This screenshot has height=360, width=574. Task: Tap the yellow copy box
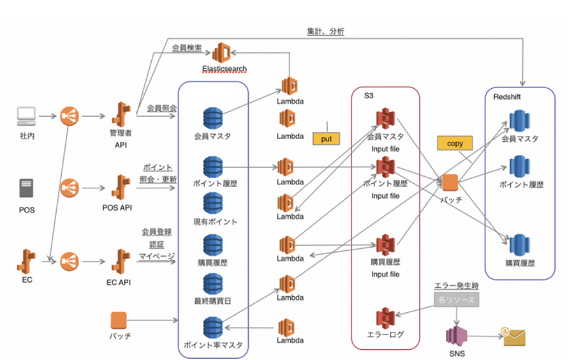pos(455,144)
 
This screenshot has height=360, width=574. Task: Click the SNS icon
pos(457,334)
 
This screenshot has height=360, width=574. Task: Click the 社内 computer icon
pos(26,116)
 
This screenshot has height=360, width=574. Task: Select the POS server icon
pos(26,187)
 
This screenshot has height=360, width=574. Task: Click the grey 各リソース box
pos(452,298)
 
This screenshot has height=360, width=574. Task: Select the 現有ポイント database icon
pos(212,204)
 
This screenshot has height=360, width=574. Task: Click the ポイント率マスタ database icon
pos(212,327)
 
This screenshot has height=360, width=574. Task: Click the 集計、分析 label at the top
pos(325,31)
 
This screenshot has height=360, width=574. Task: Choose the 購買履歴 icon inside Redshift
pos(519,246)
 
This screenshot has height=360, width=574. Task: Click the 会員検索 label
pos(187,48)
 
